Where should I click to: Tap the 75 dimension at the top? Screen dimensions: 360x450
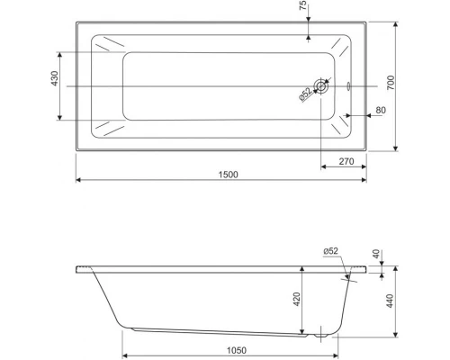tap(303, 9)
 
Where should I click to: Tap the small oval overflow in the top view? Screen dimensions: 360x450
tap(348, 87)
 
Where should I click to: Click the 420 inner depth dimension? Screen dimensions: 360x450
tap(297, 300)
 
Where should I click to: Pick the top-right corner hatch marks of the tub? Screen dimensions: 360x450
tap(343, 46)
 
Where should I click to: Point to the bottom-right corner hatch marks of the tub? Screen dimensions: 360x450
tap(343, 127)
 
